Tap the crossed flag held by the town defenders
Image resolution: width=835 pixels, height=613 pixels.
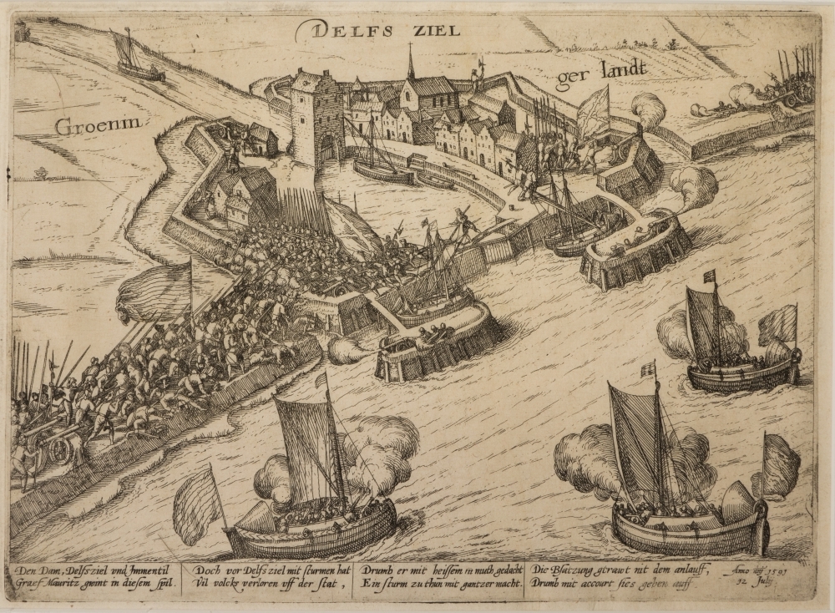[x=593, y=108]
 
